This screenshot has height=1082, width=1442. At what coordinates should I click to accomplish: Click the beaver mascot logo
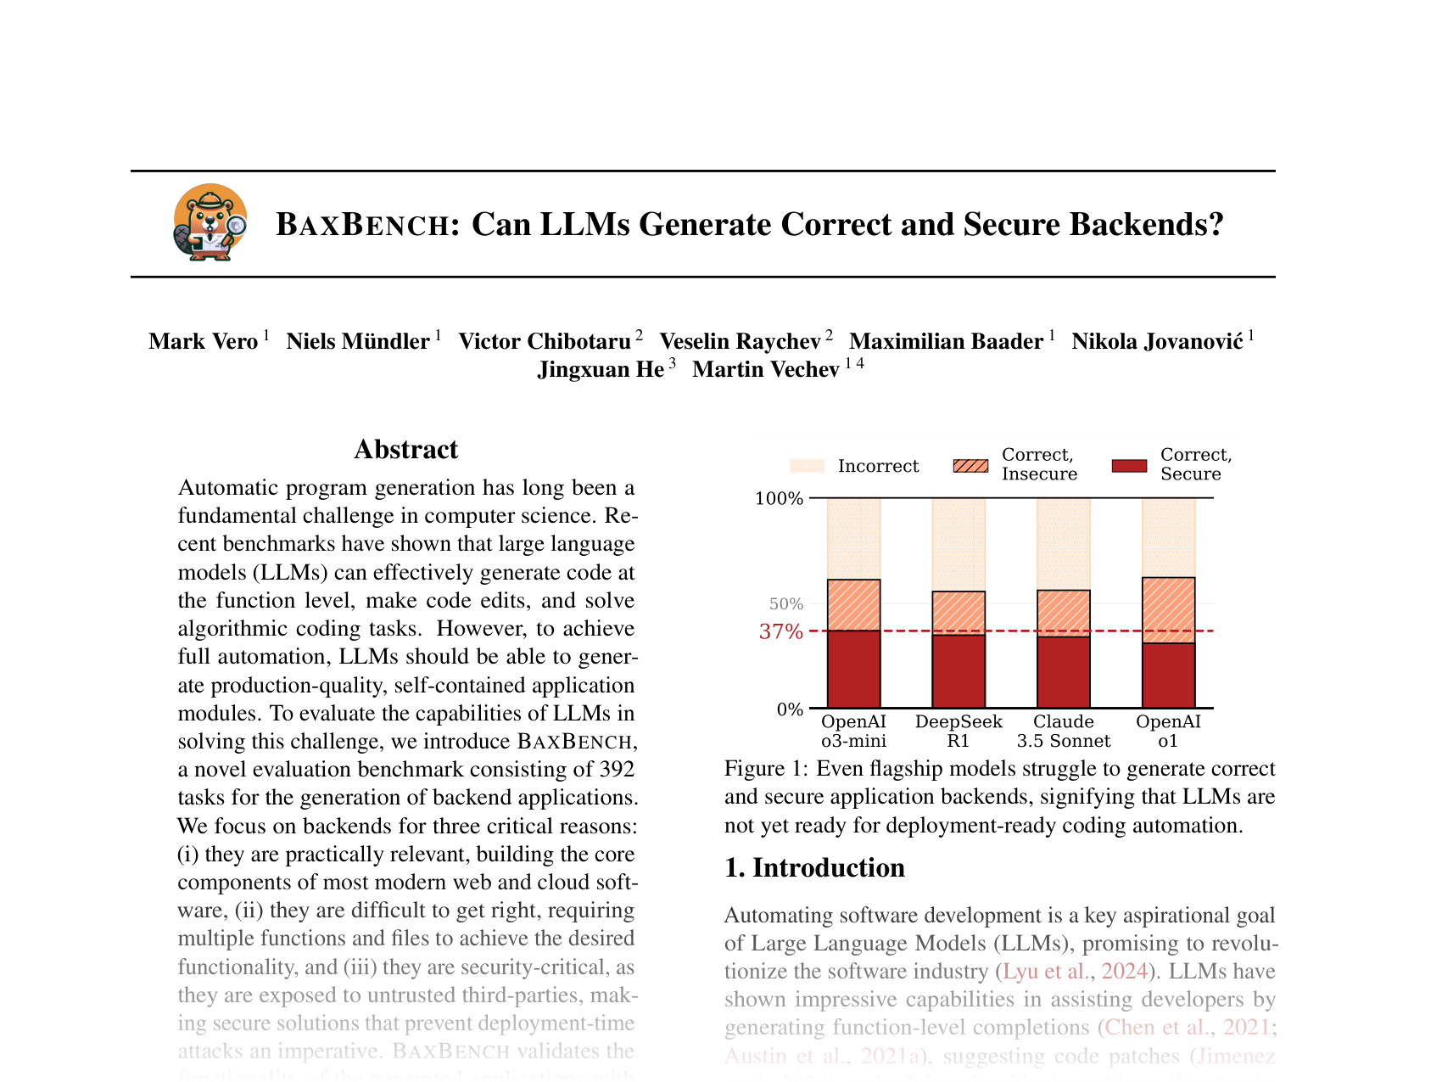click(210, 222)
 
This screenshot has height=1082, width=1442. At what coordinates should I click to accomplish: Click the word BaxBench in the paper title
click(363, 225)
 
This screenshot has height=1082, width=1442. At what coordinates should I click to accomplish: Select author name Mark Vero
click(204, 341)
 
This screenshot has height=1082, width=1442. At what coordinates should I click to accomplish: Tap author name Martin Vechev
click(766, 370)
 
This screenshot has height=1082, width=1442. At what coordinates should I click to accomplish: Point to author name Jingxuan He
click(601, 370)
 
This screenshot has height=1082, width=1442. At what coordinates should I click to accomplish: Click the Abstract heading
click(405, 449)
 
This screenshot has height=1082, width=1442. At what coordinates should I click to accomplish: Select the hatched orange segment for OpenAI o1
click(1168, 610)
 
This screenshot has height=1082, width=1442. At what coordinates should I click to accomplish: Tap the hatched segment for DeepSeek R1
click(959, 613)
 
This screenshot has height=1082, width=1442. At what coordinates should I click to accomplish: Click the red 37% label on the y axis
click(780, 631)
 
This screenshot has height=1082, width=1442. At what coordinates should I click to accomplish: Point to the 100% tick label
click(779, 498)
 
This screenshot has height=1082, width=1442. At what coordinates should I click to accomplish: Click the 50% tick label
click(785, 604)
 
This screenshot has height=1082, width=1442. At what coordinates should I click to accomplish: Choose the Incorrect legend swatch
click(807, 466)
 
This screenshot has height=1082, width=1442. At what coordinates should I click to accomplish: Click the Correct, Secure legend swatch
click(1129, 466)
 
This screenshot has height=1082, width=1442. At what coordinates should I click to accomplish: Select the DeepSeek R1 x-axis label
click(959, 731)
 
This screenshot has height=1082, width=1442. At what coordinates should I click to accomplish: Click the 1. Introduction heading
click(814, 867)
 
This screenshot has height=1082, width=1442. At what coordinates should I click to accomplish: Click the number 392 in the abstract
click(617, 770)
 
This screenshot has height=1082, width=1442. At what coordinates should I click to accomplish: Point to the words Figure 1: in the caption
click(766, 769)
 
